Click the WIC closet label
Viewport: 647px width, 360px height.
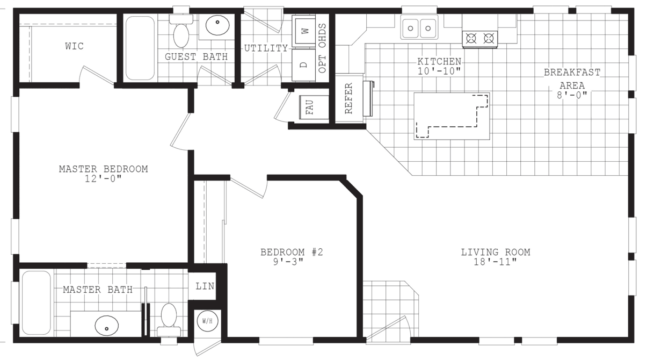click(x=74, y=46)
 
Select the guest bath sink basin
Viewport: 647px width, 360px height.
click(x=218, y=25)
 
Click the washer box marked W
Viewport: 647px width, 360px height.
click(x=304, y=31)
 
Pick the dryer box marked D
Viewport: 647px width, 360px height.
click(x=304, y=65)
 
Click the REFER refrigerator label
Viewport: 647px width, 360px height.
click(x=348, y=99)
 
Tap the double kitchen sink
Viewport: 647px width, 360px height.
click(x=419, y=27)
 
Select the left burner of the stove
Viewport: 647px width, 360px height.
click(x=471, y=38)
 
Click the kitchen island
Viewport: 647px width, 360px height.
click(x=452, y=116)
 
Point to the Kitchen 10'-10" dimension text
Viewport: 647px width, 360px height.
click(x=439, y=70)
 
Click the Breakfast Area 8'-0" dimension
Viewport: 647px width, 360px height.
click(x=572, y=95)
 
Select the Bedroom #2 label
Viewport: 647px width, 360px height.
click(x=292, y=251)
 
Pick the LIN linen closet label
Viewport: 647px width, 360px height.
click(x=205, y=286)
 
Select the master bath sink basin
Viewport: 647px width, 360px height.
click(x=106, y=325)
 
